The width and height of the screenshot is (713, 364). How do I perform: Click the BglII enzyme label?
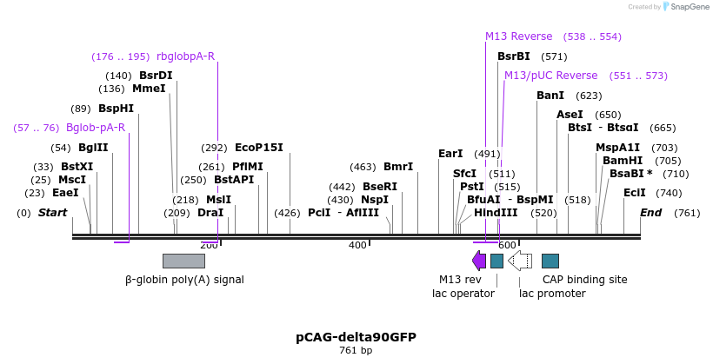(93, 148)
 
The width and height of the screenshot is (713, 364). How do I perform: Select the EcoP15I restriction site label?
(259, 148)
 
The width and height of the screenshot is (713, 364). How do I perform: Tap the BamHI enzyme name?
(623, 161)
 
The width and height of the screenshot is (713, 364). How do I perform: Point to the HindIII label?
(496, 213)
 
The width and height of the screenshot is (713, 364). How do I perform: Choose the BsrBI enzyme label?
(513, 56)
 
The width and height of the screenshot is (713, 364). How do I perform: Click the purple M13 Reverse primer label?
(518, 36)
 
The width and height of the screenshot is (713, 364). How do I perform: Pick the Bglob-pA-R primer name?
(96, 128)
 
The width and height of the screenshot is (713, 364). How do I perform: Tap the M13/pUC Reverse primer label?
(551, 76)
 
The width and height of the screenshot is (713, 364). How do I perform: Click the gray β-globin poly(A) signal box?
(183, 261)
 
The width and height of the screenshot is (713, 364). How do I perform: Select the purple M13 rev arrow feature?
(479, 261)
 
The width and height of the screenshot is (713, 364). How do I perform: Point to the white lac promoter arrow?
(520, 261)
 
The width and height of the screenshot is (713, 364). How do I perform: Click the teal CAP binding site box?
(550, 261)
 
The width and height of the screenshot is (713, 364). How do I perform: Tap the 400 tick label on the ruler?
(357, 246)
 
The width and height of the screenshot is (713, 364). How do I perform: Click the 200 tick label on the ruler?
(209, 246)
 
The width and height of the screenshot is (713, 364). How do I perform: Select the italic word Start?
(52, 213)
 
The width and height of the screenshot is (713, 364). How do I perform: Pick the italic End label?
(650, 213)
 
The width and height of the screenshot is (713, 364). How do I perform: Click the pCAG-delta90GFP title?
(356, 337)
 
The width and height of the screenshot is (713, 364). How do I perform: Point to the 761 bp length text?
(356, 351)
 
